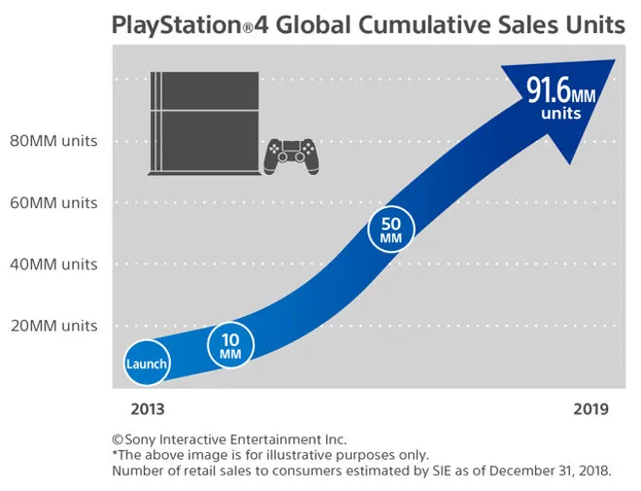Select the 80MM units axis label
[x=54, y=141]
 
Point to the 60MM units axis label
[x=54, y=202]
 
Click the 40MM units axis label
[x=54, y=263]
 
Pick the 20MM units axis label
[x=54, y=325]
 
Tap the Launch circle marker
[x=147, y=365]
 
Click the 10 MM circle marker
[x=230, y=344]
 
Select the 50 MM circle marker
[x=391, y=229]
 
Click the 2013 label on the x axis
[x=148, y=409]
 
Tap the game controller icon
[x=291, y=156]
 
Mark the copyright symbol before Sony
[x=118, y=439]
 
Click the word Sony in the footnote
[x=142, y=439]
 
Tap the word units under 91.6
[x=561, y=114]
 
